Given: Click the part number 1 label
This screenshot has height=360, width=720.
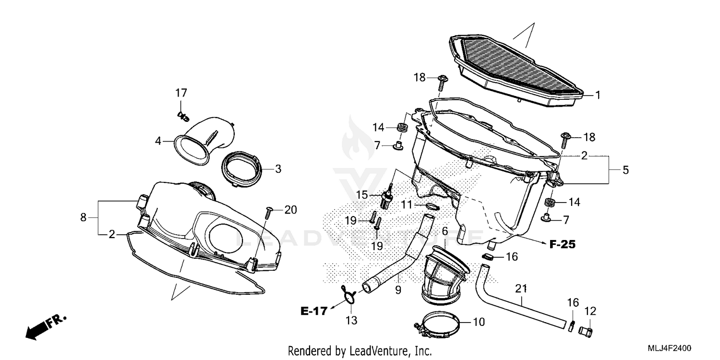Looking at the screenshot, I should pyautogui.click(x=598, y=95).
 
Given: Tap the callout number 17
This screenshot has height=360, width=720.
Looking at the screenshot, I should pyautogui.click(x=180, y=93).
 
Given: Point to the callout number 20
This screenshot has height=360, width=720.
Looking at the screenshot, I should pyautogui.click(x=290, y=210).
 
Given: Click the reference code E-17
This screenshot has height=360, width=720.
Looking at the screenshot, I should pyautogui.click(x=314, y=311).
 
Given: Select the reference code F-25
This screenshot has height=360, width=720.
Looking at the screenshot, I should pyautogui.click(x=562, y=244).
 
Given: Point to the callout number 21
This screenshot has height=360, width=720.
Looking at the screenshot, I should pyautogui.click(x=521, y=288).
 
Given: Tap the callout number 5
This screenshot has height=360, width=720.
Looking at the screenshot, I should pyautogui.click(x=625, y=170).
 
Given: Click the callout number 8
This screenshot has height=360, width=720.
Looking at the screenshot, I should pyautogui.click(x=84, y=217).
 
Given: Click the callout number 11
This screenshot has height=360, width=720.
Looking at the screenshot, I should pyautogui.click(x=407, y=205).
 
